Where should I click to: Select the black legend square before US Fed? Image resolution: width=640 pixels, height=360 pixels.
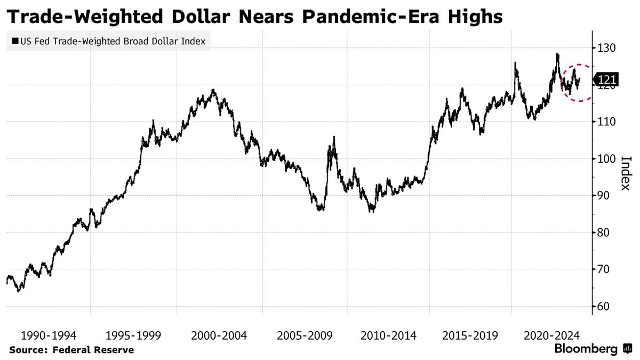14,41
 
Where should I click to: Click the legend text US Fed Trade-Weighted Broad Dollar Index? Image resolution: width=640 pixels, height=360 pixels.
112,41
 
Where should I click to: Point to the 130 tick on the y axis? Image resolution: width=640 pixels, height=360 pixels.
606,49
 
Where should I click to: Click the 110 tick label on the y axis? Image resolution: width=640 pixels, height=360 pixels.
606,122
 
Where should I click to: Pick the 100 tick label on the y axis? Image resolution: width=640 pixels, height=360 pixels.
606,159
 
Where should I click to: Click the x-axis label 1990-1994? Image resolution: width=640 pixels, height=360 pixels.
48,335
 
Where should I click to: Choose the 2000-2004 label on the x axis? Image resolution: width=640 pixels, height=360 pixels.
219,335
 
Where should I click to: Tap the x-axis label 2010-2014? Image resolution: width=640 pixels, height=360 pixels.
389,335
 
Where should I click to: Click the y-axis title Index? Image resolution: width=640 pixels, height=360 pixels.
626,173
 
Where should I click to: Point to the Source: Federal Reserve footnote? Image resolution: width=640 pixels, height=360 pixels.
71,350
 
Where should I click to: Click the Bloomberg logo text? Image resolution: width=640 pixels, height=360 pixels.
586,349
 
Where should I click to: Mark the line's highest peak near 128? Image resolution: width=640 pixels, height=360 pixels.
557,54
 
